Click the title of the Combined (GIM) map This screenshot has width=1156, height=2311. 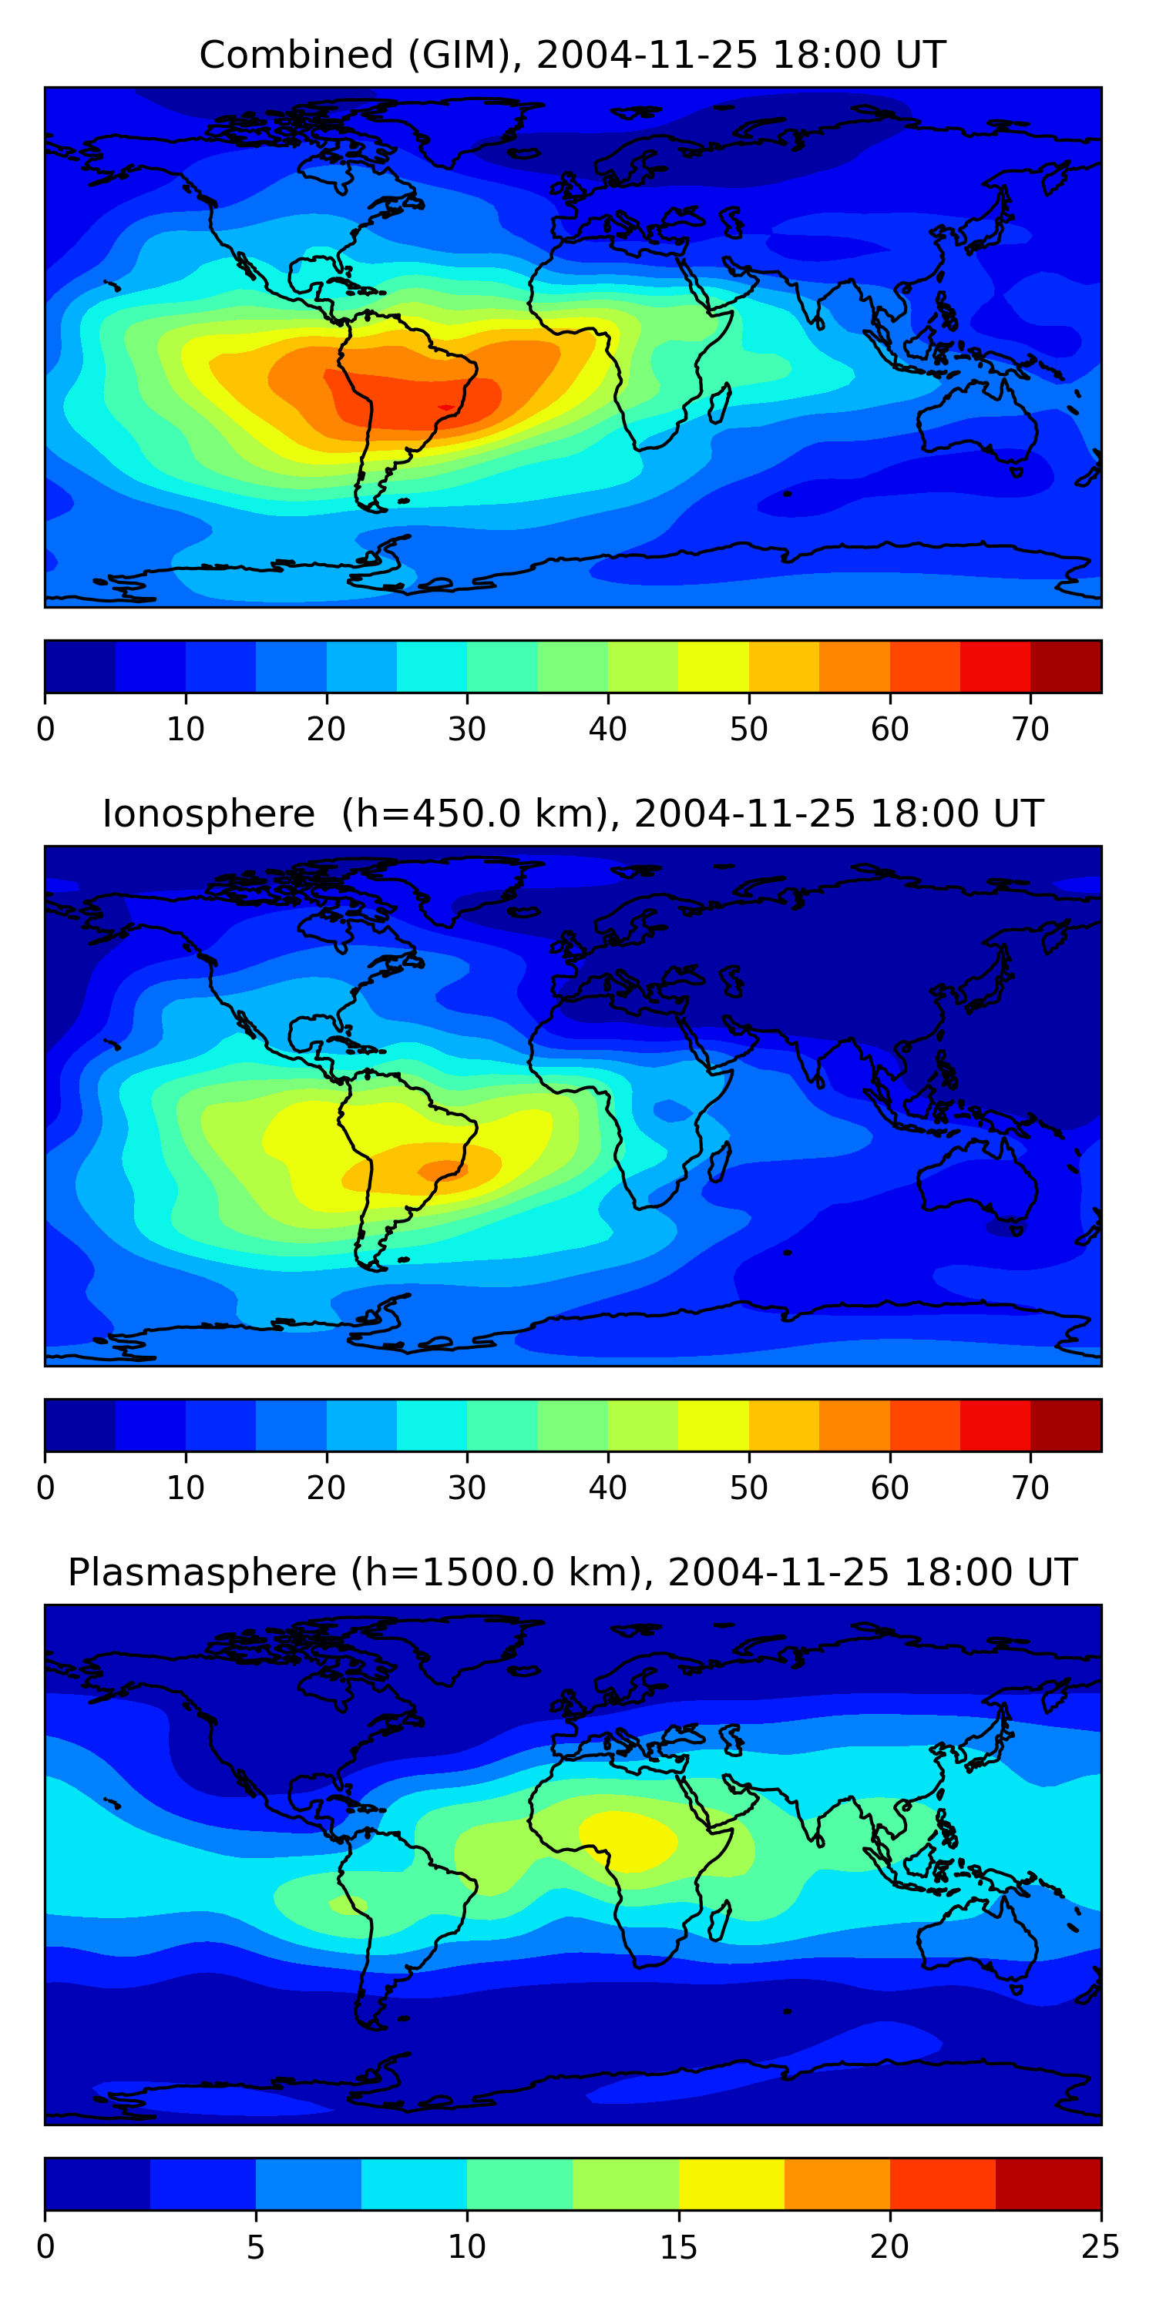tap(572, 55)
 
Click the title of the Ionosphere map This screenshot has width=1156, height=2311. tap(572, 813)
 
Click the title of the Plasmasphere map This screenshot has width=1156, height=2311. tap(572, 1573)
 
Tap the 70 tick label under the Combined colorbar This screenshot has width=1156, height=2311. tap(1030, 730)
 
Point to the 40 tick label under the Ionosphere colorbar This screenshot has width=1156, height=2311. tap(607, 1488)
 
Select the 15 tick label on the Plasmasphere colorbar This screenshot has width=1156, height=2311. tap(678, 2247)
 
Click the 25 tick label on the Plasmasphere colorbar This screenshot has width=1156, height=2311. tap(1100, 2247)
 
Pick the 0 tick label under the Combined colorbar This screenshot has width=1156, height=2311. tap(45, 730)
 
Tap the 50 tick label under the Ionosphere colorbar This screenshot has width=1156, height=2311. tap(748, 1488)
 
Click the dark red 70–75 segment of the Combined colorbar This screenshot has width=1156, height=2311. tap(1065, 666)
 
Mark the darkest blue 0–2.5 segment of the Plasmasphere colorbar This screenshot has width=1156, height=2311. tap(98, 2185)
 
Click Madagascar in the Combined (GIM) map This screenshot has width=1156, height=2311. tap(721, 404)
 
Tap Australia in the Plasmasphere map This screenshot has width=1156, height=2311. tap(978, 1942)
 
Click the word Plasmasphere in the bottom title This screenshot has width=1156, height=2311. tap(202, 1573)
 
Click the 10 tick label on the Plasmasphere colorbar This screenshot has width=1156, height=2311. tap(467, 2247)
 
